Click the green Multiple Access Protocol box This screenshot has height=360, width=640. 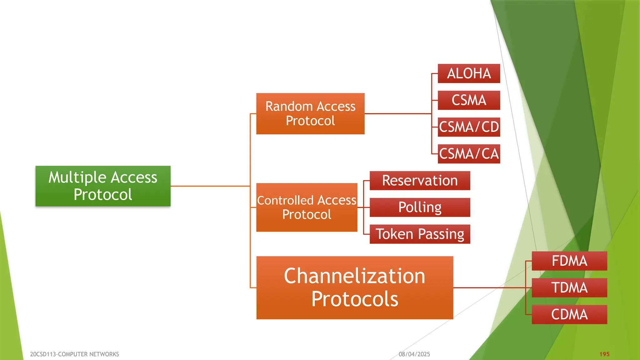point(103,186)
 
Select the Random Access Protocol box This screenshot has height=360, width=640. point(310,114)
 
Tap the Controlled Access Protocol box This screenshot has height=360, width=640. point(307,207)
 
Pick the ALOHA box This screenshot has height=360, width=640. point(469,73)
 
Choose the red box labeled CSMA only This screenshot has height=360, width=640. point(469,100)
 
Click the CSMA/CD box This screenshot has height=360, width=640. point(469,127)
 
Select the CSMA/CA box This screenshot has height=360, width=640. point(469,154)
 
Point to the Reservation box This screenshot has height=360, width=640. point(420,181)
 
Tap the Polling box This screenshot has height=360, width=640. point(420,207)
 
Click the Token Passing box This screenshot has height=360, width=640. point(420,234)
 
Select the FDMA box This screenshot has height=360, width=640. point(569,261)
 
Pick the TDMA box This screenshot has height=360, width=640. point(569,287)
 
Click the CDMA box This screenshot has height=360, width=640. point(569,314)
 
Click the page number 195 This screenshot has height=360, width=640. point(604,354)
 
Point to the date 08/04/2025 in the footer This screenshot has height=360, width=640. point(414,354)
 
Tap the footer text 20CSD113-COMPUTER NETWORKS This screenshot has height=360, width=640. point(74,354)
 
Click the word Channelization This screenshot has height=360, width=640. point(355,276)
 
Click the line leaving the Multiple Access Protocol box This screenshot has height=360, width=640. point(209,186)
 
